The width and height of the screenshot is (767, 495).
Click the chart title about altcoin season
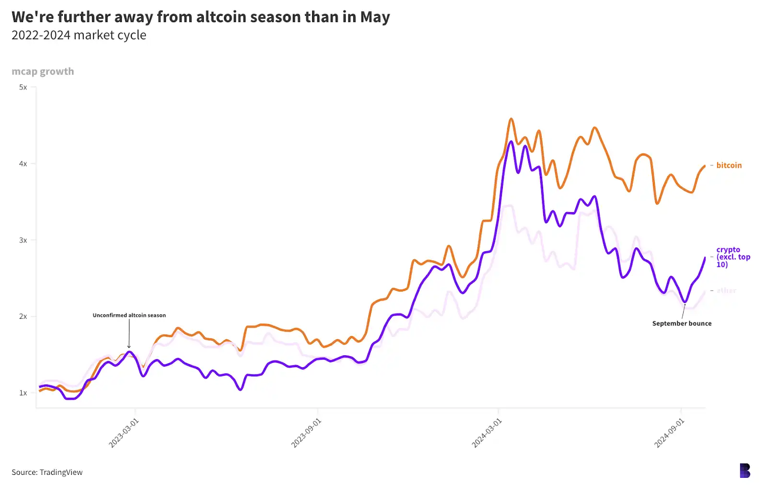click(x=200, y=17)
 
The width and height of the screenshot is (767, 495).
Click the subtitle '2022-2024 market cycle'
click(x=79, y=35)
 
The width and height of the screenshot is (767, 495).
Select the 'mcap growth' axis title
click(x=43, y=72)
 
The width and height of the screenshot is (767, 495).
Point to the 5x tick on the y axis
click(x=23, y=87)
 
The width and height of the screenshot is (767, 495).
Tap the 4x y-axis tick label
click(x=23, y=164)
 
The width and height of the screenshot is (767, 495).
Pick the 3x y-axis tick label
click(x=23, y=240)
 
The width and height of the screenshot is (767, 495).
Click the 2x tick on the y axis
click(x=23, y=316)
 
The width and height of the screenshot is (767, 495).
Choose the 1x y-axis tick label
click(x=23, y=393)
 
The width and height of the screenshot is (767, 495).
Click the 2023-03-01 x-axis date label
click(x=124, y=433)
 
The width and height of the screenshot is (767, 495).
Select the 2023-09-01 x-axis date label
click(x=306, y=433)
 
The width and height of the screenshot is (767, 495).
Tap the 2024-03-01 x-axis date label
click(x=487, y=433)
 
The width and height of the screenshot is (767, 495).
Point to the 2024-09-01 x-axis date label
click(x=669, y=433)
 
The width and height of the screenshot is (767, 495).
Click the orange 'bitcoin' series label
click(x=729, y=166)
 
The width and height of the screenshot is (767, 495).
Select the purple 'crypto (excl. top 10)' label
click(x=732, y=257)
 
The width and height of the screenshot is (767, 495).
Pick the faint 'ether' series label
click(x=726, y=291)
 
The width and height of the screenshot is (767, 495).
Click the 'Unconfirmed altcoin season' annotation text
click(x=129, y=315)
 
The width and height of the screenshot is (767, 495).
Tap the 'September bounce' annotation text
click(x=682, y=324)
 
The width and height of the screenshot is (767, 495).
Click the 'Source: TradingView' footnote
click(x=47, y=472)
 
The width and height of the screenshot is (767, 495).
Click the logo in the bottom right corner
click(x=744, y=471)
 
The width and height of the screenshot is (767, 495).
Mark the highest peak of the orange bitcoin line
click(x=511, y=119)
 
